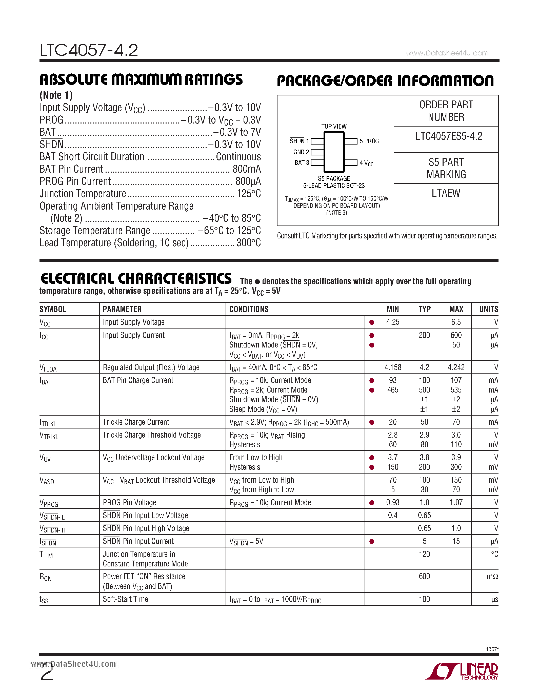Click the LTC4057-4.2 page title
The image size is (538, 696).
coord(89,50)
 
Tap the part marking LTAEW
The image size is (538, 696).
coord(446,193)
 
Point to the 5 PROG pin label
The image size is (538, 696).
coord(369,141)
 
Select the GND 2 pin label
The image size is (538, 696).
coord(301,152)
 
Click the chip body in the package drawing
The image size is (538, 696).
coord(334,152)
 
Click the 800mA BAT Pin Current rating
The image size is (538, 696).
coord(246,169)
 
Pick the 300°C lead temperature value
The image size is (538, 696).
coord(248,243)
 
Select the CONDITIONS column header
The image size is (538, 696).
coord(249,310)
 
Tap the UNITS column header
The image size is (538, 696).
coord(488,310)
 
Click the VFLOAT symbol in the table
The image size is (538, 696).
coord(49,368)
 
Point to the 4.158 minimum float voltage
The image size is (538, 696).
coord(393,367)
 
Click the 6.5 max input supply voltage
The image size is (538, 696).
coord(456,322)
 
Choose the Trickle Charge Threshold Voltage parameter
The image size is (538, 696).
coord(152,435)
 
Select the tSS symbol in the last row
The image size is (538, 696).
coord(44,600)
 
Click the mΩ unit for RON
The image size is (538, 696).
coord(492,577)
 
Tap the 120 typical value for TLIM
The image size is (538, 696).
coord(424,554)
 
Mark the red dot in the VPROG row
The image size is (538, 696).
coord(372,503)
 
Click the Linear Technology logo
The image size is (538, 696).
coord(462,671)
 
